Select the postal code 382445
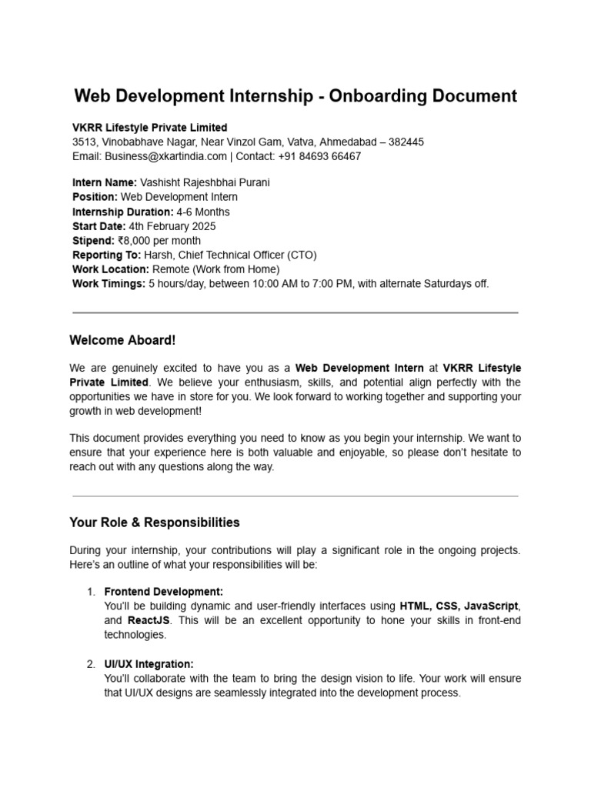coord(406,142)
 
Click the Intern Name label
coord(105,183)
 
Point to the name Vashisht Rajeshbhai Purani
coord(205,183)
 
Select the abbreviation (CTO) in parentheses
coord(302,255)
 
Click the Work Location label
coord(111,269)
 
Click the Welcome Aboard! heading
coord(122,340)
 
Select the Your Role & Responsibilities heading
coord(155,523)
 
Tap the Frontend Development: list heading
coord(163,592)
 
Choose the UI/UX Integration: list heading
coord(149,664)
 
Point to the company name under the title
coord(149,128)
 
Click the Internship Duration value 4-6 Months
coord(202,212)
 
